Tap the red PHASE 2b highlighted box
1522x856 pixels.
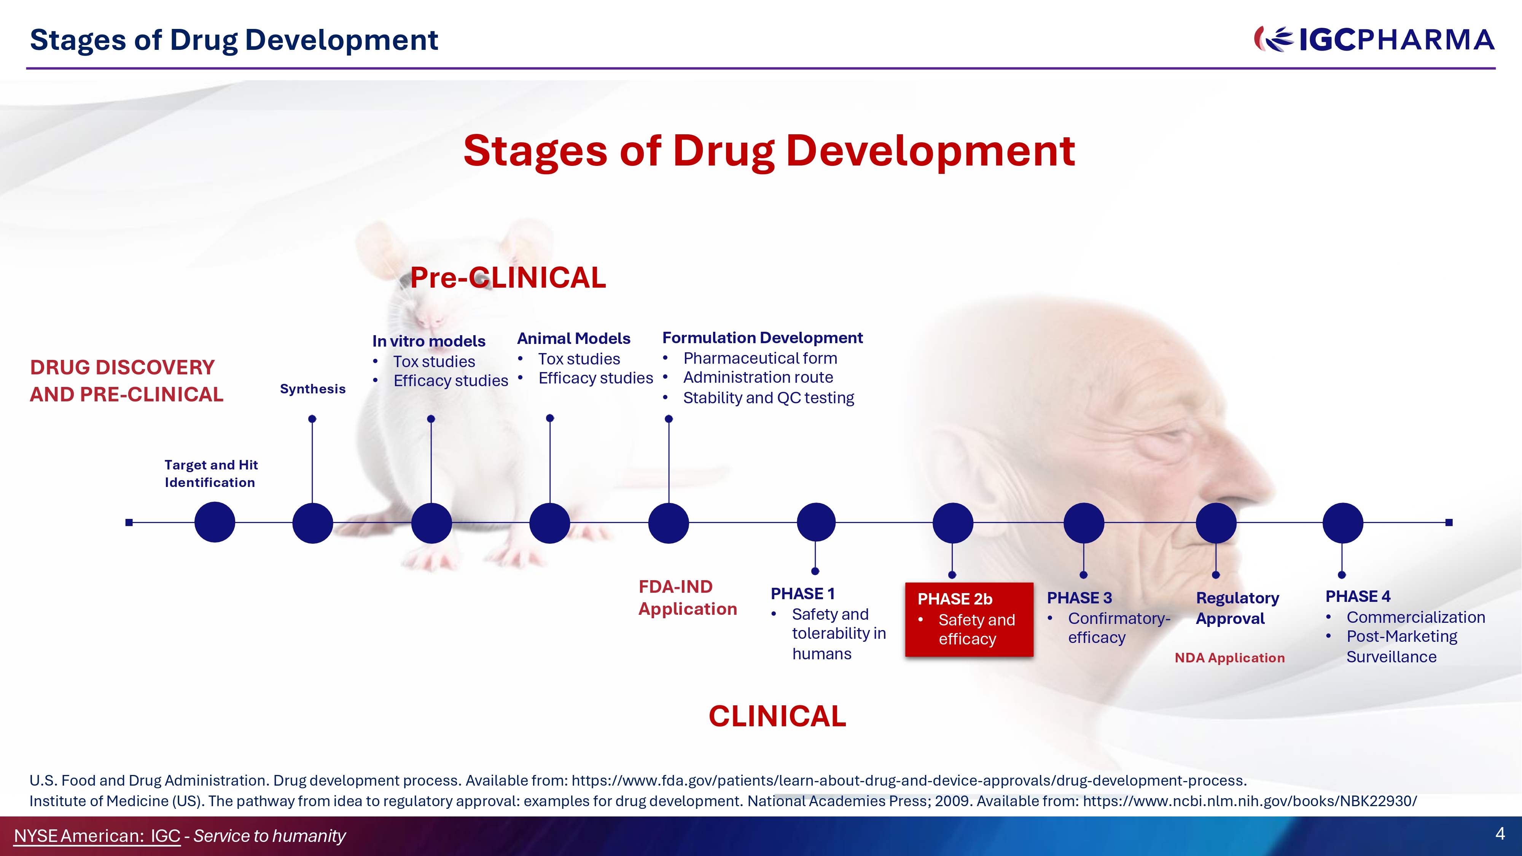point(969,619)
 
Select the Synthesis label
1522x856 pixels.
point(312,389)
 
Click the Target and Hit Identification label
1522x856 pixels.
point(211,474)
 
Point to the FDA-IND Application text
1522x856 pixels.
point(688,598)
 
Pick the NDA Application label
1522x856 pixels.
point(1229,657)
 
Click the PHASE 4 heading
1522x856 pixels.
point(1358,596)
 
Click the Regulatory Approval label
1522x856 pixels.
point(1237,608)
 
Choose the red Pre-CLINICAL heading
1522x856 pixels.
point(508,278)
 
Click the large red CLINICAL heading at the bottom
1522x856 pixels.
point(777,716)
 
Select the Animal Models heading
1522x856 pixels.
point(574,339)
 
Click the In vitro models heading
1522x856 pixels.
point(429,341)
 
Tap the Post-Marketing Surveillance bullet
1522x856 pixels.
point(1401,646)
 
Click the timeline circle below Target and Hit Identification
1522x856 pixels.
point(215,522)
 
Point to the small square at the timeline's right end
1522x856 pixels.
point(1449,522)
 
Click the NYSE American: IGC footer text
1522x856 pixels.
point(97,836)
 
